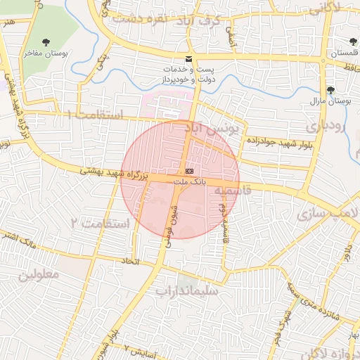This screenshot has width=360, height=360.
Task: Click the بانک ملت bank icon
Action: (189, 172)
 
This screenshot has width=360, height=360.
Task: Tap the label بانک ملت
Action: (189, 181)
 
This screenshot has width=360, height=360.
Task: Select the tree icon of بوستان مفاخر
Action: (46, 42)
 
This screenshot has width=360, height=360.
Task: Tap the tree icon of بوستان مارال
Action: (330, 89)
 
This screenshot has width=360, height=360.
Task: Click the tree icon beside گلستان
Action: (354, 42)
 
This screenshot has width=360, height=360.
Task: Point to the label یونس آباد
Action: (213, 129)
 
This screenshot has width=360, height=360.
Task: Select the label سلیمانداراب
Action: (187, 290)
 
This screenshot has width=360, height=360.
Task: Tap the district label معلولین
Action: (45, 274)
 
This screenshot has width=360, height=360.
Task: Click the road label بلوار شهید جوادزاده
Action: (278, 143)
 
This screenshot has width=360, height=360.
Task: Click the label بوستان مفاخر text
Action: (46, 53)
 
